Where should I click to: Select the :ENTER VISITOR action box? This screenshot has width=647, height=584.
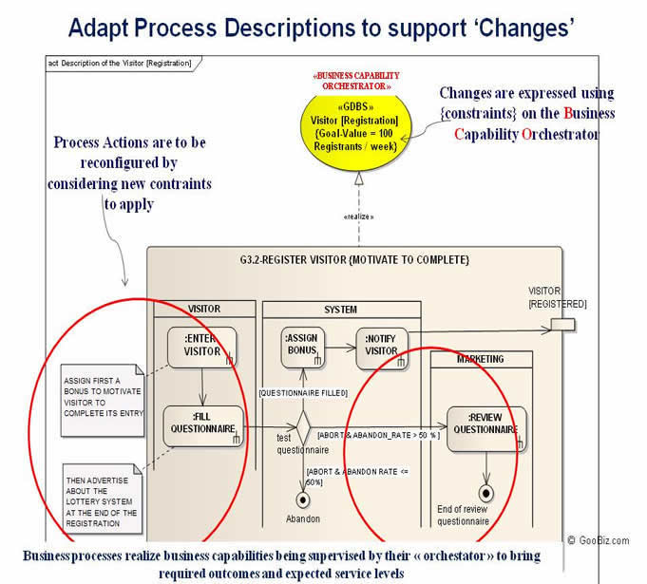click(x=202, y=346)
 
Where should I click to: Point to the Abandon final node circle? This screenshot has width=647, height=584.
click(x=304, y=499)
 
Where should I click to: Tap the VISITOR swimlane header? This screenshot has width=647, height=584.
click(x=204, y=309)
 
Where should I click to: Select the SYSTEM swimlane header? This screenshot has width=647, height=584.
click(x=340, y=309)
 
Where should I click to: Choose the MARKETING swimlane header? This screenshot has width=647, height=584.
click(x=480, y=359)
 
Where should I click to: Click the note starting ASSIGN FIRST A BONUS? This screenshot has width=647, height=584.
click(x=100, y=402)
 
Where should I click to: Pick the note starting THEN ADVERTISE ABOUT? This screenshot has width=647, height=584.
click(x=102, y=496)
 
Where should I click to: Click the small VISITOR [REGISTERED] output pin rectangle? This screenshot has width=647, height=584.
click(x=562, y=327)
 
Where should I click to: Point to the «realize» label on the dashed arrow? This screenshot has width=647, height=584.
click(x=355, y=216)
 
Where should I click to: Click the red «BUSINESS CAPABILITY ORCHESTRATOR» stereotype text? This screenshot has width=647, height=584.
click(x=357, y=80)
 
